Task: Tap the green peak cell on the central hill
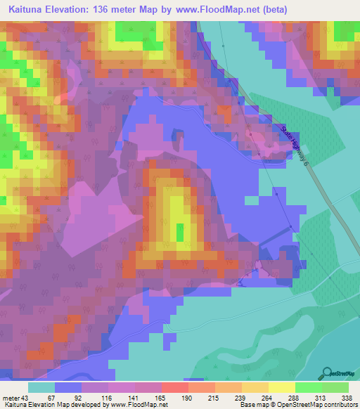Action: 180,232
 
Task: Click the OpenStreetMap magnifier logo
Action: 328,372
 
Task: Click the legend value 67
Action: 51,397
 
